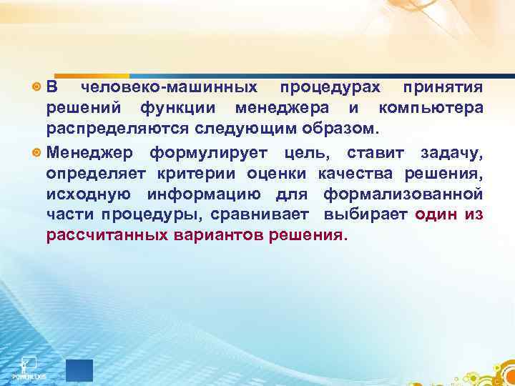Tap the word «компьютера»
(431, 108)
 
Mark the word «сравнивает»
(260, 215)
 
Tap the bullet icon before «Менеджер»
(37, 153)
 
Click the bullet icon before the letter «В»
(37, 88)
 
